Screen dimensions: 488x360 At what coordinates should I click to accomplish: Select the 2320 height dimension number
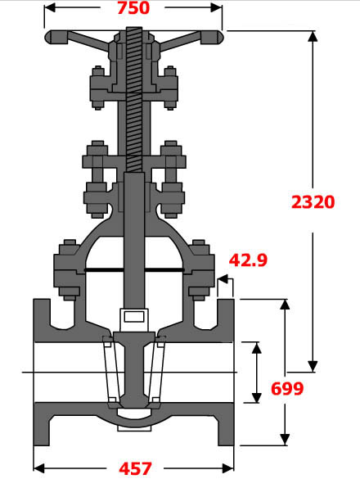[x=313, y=201]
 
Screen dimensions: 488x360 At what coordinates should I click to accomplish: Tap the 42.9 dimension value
[x=249, y=260]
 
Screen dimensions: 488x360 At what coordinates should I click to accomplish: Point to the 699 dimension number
[x=286, y=388]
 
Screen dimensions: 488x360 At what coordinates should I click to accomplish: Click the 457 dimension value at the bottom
[x=135, y=469]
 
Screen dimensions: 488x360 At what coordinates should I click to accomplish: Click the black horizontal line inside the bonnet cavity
[x=134, y=270]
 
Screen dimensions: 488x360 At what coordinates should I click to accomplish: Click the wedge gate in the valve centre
[x=134, y=368]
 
